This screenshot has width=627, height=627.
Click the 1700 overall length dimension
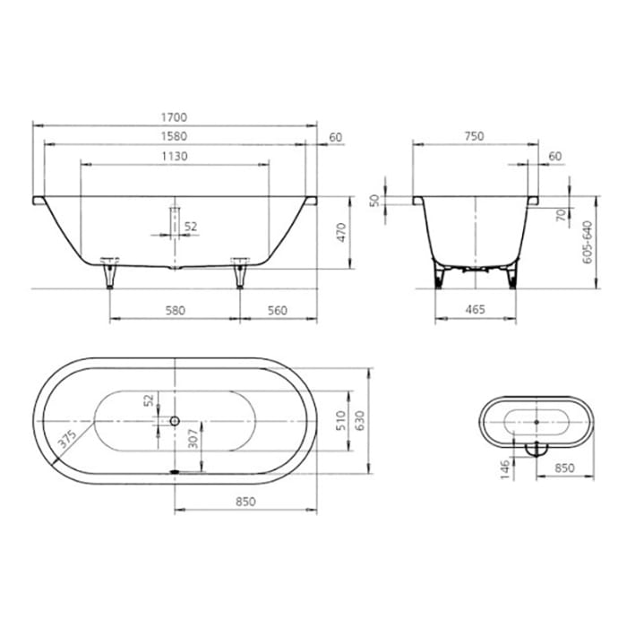pyautogui.click(x=175, y=117)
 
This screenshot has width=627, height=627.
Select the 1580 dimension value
pyautogui.click(x=175, y=137)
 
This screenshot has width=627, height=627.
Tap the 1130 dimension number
pyautogui.click(x=175, y=157)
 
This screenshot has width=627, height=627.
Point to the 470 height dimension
pyautogui.click(x=340, y=233)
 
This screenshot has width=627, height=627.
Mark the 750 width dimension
pyautogui.click(x=474, y=136)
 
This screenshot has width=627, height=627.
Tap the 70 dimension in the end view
pyautogui.click(x=559, y=215)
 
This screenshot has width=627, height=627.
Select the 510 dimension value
pyautogui.click(x=340, y=421)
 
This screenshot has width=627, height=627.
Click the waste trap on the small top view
pyautogui.click(x=536, y=447)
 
